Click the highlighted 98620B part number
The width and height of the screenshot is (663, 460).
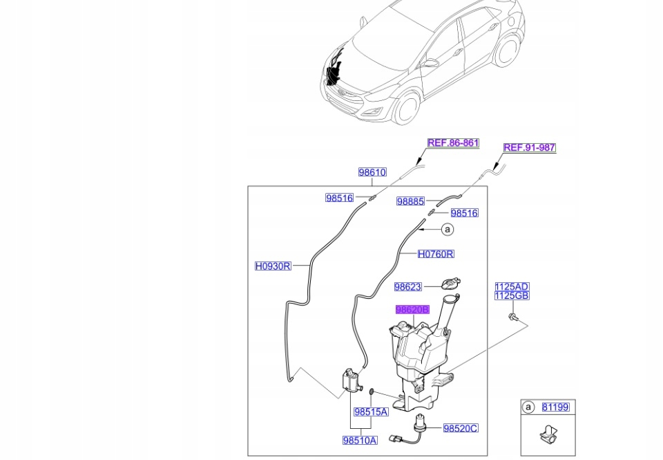(x=412, y=310)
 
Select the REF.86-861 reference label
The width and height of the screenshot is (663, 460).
(x=452, y=143)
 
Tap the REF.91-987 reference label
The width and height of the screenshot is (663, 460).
(x=529, y=147)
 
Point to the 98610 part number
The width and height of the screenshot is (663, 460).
(x=372, y=172)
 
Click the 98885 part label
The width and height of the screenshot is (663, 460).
(x=410, y=201)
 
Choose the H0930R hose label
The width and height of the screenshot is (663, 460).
(x=273, y=266)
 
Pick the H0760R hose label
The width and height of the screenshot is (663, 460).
(x=435, y=254)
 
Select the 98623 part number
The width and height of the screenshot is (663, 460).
(x=407, y=287)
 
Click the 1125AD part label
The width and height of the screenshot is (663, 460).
(x=511, y=287)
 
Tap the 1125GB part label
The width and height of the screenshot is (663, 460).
(x=511, y=296)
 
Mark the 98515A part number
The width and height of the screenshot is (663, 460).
(x=370, y=412)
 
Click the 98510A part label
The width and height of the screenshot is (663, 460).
(x=360, y=441)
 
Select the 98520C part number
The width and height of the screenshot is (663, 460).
(x=459, y=429)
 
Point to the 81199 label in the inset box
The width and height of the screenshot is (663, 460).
(x=555, y=407)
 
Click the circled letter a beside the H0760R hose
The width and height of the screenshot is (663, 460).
(x=448, y=229)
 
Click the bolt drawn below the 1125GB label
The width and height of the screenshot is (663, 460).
(x=514, y=317)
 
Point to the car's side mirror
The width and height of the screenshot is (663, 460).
(x=431, y=63)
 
